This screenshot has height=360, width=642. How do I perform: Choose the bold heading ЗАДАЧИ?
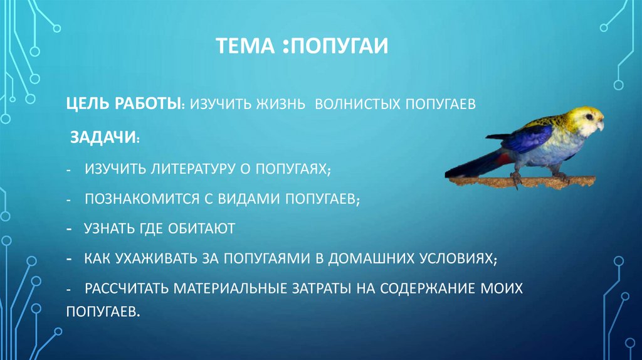(104, 137)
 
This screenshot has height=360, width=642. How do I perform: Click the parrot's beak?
(600, 125)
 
